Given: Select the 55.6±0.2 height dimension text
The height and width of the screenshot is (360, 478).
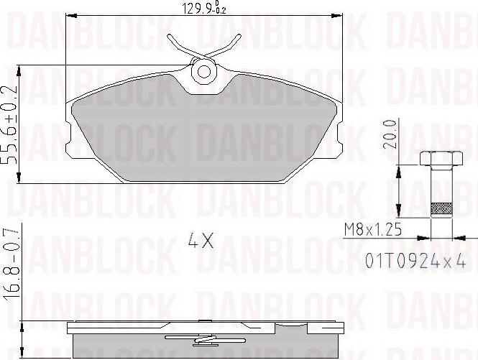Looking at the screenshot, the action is click(10, 125).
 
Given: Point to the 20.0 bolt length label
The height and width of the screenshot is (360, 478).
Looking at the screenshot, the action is click(390, 134).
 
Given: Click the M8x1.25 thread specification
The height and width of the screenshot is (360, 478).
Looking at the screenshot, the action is click(372, 229).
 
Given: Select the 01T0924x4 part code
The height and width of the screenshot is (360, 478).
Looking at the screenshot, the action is click(415, 261).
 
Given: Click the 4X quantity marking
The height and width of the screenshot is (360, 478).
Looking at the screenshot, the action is click(201, 240).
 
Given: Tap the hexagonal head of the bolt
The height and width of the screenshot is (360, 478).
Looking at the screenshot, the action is click(441, 158).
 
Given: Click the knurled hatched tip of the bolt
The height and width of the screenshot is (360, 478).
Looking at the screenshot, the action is click(441, 209).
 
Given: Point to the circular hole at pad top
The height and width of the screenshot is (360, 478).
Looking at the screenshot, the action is click(204, 72).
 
